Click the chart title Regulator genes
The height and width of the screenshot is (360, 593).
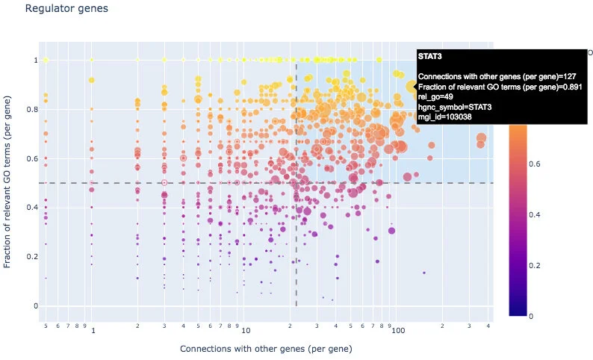[66, 9]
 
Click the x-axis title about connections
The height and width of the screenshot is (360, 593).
[266, 349]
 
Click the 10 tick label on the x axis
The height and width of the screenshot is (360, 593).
[244, 329]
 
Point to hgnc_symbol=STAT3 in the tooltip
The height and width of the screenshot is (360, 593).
[455, 107]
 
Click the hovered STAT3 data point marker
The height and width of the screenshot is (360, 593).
[410, 87]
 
